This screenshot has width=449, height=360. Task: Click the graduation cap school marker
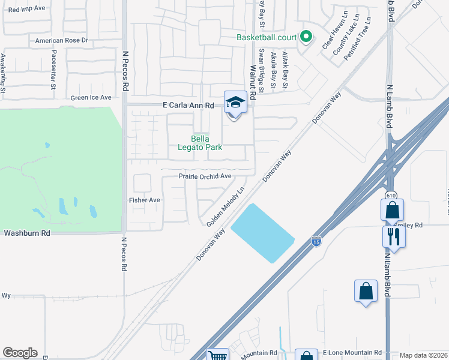coord(235,103)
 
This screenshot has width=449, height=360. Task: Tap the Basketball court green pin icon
coord(306,37)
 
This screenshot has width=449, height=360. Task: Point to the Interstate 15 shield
coord(316,241)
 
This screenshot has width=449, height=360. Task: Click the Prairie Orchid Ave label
coord(205,176)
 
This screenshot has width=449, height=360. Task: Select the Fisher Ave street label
coord(145,200)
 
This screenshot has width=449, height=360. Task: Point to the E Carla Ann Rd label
coord(188,105)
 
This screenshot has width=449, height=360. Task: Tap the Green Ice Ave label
coord(91,97)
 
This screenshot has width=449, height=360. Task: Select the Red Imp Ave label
coord(27,9)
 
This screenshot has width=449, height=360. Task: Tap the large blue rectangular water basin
coord(262,233)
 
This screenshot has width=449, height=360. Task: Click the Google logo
coord(20,353)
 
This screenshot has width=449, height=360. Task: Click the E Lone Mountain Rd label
coord(352,352)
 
